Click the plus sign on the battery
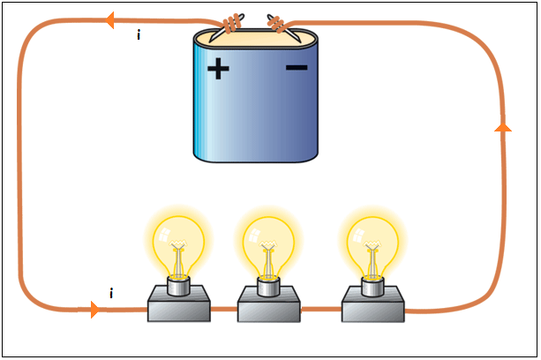point(217,70)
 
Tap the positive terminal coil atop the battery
point(233,24)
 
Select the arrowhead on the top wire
point(110,19)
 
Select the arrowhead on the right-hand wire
point(503,127)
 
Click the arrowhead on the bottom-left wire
point(94,310)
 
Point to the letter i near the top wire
point(139,37)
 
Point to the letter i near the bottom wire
point(111,294)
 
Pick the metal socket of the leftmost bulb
point(178,284)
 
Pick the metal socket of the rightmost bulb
point(372,284)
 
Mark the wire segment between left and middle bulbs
point(225,310)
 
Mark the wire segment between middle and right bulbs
point(321,310)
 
